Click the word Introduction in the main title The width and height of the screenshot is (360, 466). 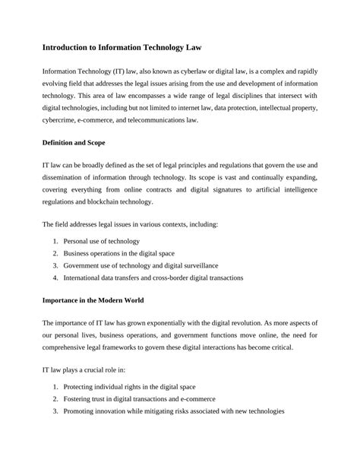[72, 46]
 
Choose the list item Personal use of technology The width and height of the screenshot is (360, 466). [102, 241]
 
